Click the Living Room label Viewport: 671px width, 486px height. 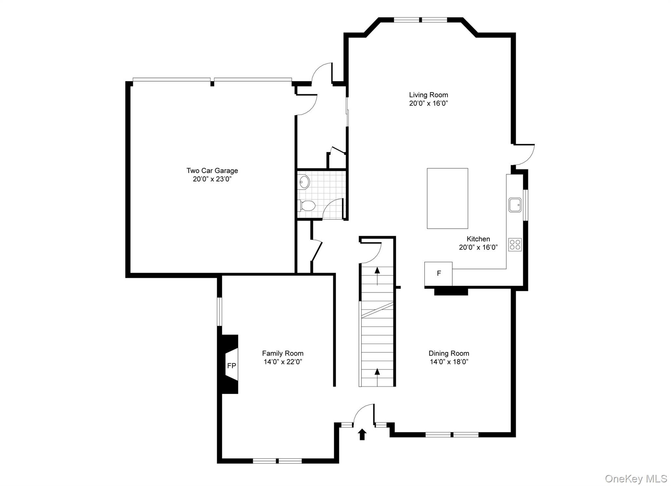(428, 95)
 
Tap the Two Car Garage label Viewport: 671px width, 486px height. (212, 171)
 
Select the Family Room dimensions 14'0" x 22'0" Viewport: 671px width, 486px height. (282, 362)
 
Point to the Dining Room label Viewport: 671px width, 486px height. (449, 353)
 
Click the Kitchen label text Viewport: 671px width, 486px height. (478, 239)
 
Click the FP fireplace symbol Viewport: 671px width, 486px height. (231, 366)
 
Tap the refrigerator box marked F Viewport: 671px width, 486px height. (438, 273)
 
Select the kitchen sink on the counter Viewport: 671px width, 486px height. (515, 205)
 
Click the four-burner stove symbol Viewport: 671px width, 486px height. (515, 245)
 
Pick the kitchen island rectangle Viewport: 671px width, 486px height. (447, 198)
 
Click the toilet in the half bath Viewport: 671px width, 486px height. (307, 206)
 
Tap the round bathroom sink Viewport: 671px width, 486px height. (304, 182)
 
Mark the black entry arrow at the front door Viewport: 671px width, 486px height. (362, 434)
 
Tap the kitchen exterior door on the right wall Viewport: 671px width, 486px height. (524, 154)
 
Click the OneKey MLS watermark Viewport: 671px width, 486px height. (636, 479)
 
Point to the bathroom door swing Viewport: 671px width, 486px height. (333, 209)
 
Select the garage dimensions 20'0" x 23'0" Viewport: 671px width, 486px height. (212, 179)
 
